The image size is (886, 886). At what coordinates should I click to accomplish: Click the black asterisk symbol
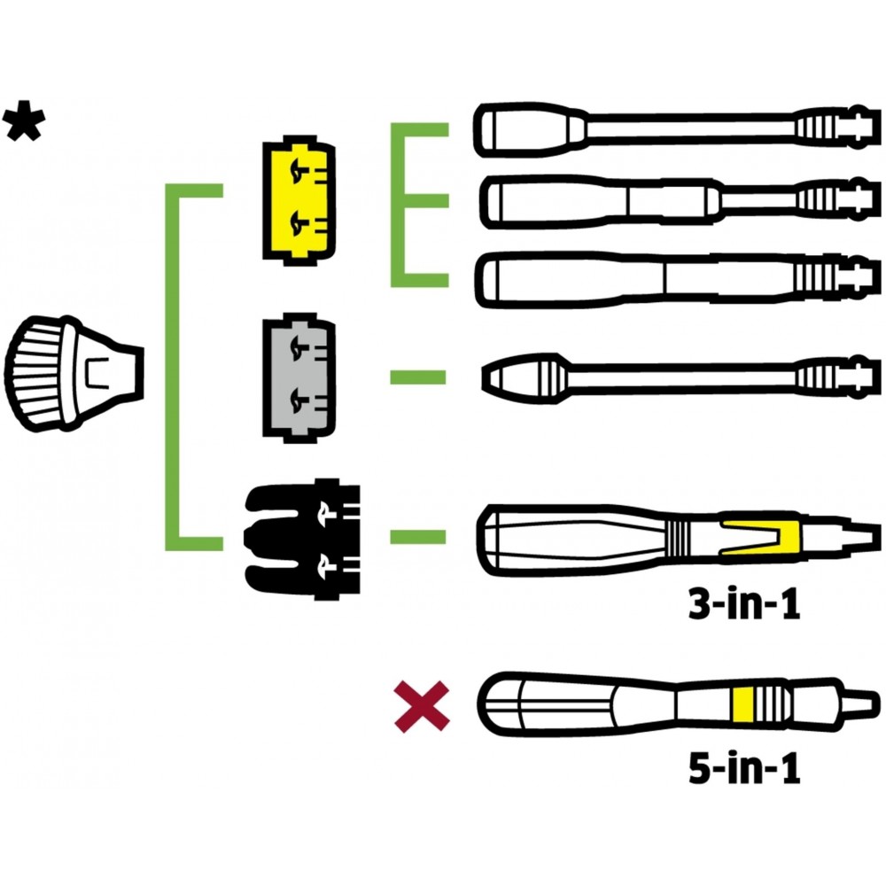24,121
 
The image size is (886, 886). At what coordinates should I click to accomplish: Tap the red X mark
422,707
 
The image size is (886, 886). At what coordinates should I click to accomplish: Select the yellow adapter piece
299,200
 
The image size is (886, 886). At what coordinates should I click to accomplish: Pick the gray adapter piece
299,377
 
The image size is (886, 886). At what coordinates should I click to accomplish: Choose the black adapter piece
302,539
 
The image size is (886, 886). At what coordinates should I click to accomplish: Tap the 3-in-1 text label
744,604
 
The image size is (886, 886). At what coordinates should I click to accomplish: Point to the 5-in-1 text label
744,767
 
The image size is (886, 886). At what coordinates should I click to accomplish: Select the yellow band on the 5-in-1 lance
742,704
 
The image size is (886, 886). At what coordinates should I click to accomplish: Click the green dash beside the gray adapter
418,377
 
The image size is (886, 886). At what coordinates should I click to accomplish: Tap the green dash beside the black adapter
418,536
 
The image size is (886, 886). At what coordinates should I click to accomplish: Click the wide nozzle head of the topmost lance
531,129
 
